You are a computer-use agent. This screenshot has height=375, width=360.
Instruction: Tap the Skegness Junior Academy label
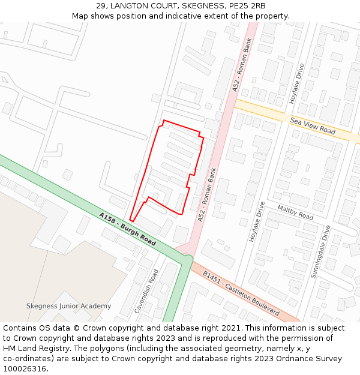68,306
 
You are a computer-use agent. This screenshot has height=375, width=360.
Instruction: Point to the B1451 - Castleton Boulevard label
241,293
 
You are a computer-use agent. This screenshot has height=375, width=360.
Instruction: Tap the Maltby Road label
295,212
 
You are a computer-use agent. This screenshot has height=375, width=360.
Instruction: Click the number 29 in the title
101,6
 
